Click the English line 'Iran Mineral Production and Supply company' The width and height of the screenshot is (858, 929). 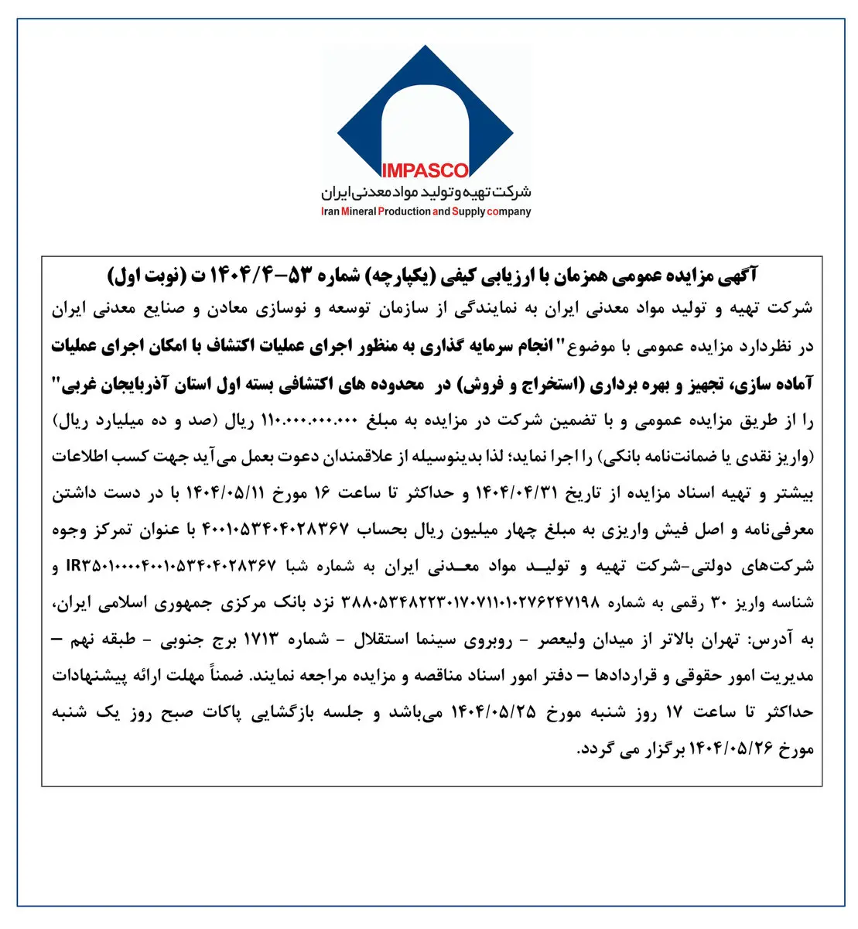click(x=426, y=211)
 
